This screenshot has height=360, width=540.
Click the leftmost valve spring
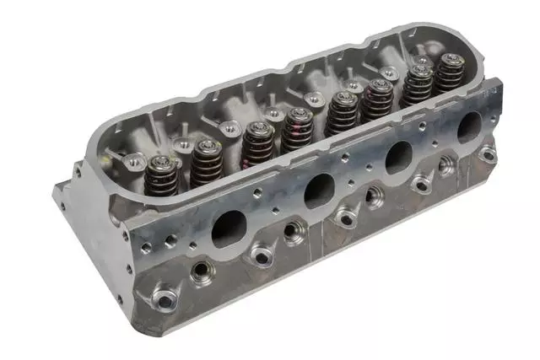pos(162,176)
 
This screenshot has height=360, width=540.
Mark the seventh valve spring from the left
pos(417,85)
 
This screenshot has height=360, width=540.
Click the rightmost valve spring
pos(449,74)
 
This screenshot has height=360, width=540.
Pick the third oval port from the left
pos(398,156)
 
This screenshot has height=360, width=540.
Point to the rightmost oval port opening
pos(469,127)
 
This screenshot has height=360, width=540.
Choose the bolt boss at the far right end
pos(487,153)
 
